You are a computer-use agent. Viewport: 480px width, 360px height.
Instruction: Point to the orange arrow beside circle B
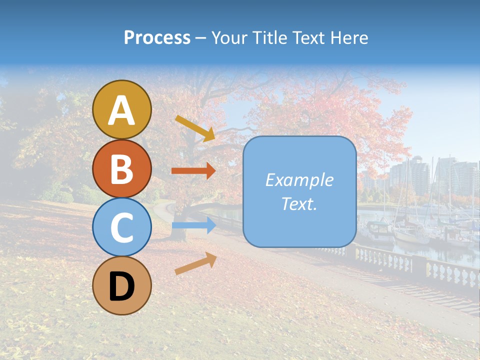pos(193,171)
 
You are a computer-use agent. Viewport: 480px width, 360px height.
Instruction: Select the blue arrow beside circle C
pos(193,226)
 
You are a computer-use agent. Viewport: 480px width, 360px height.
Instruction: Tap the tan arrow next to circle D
pos(195,263)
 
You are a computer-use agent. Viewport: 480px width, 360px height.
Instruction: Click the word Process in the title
pos(157,38)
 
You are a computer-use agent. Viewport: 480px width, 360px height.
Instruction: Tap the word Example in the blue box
pos(299,180)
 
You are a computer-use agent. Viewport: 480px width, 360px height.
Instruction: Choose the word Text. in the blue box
pos(299,204)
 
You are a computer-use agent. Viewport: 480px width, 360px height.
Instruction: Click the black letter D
pos(121,287)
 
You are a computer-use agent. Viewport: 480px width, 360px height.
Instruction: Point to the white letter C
pos(121,227)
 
